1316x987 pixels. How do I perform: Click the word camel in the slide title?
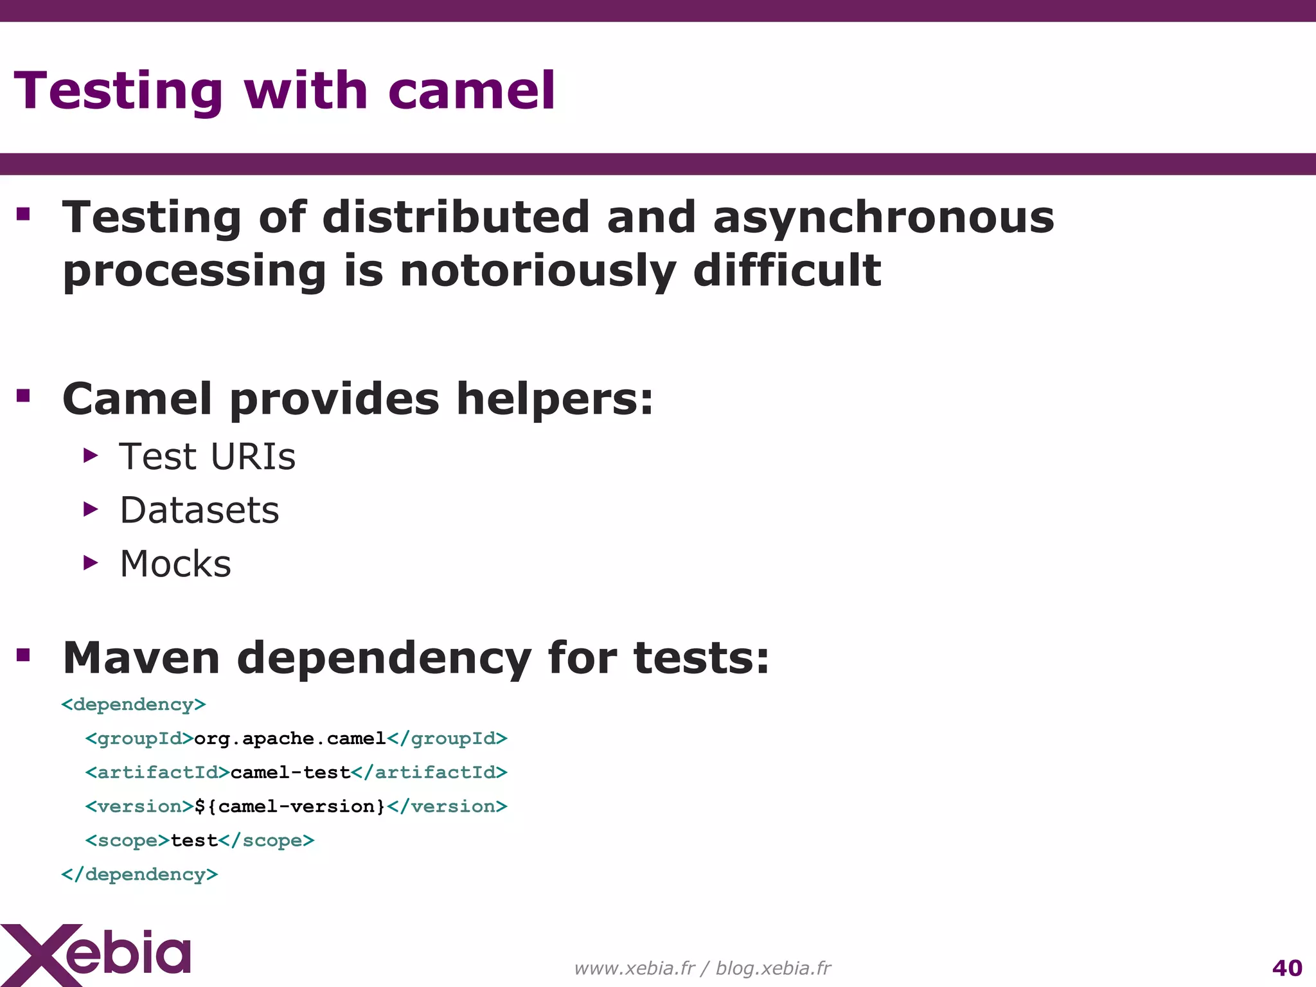471,91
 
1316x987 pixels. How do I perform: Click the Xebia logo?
96,954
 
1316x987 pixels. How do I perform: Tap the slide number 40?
1286,968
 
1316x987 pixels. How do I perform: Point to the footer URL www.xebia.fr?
634,968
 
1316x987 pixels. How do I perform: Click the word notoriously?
538,271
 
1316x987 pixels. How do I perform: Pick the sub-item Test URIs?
207,457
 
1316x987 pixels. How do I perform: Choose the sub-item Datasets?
199,510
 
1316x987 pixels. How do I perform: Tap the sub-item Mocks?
175,564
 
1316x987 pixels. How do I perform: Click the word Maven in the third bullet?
141,658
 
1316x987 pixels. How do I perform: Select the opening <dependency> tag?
134,705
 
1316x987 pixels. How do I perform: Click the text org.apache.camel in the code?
290,739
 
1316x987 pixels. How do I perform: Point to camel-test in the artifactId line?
290,772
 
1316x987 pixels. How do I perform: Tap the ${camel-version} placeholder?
290,806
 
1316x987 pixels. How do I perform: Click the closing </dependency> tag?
139,875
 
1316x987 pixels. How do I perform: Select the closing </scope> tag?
267,840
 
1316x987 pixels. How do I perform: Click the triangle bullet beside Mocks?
91,564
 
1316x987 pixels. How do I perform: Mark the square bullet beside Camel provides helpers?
24,395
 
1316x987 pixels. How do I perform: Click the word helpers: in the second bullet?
555,399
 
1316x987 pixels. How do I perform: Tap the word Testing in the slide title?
118,91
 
